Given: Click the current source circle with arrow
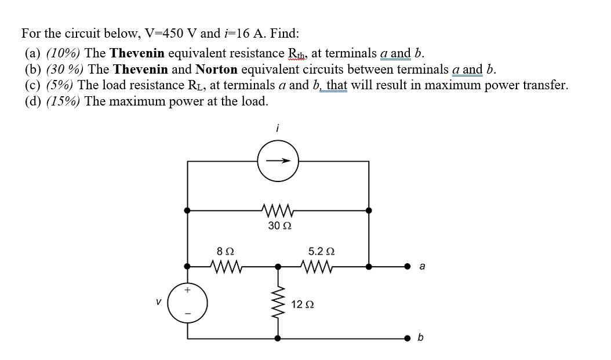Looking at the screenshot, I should coord(278,161).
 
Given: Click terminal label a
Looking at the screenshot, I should coord(421,267).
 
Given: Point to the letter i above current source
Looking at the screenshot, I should coord(277,130).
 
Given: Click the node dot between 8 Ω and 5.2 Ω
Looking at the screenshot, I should coord(278,267).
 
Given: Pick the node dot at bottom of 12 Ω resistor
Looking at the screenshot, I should coord(278,338).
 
